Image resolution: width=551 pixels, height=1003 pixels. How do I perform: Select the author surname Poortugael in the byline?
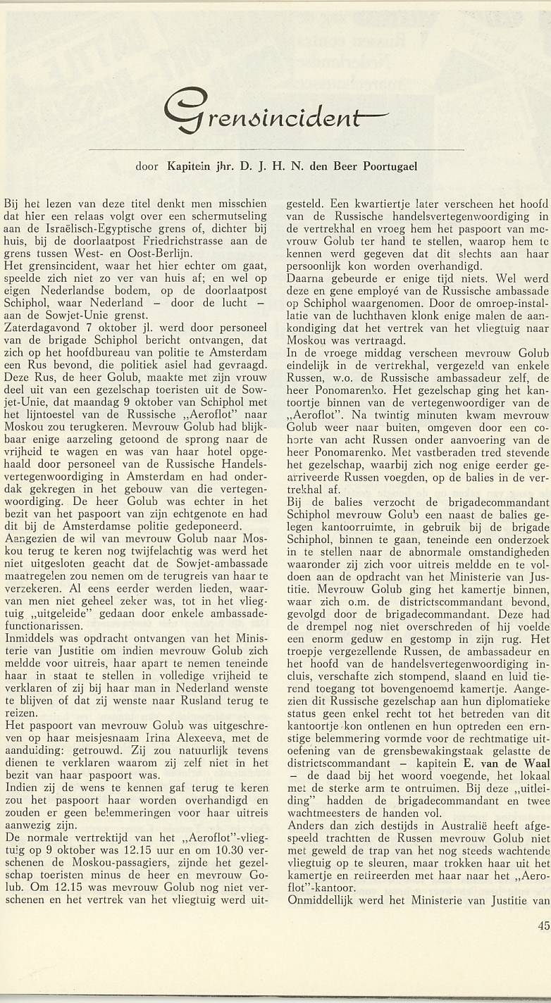[x=386, y=167]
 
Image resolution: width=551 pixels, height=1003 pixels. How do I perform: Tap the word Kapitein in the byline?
[x=189, y=167]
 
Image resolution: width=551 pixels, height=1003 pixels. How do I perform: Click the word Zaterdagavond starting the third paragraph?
[x=36, y=328]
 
